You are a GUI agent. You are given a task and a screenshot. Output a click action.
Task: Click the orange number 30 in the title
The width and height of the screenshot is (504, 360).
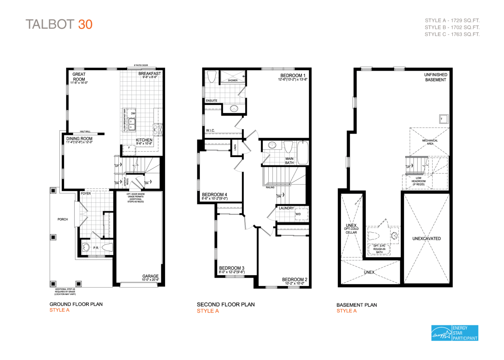point(85,25)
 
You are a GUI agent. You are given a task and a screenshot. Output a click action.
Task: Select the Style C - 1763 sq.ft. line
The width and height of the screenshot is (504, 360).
point(452,34)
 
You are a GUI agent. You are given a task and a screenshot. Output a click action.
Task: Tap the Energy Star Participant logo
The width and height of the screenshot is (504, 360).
point(454,333)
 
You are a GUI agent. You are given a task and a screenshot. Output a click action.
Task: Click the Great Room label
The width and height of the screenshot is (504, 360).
point(79,77)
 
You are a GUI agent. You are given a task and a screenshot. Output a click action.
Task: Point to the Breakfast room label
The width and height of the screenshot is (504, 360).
point(150,74)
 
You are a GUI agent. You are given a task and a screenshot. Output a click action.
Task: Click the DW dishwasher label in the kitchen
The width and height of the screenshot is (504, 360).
point(133,113)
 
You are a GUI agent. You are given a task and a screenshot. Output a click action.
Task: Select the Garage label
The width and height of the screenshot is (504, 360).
point(150,276)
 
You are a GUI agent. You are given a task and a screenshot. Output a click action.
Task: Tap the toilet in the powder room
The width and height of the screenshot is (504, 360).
point(107,248)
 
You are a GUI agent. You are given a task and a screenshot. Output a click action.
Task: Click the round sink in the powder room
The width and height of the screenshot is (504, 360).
point(86,247)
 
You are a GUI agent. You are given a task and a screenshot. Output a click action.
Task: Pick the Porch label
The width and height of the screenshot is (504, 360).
point(63,219)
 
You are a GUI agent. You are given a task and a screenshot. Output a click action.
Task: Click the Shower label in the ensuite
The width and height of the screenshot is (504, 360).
point(233,80)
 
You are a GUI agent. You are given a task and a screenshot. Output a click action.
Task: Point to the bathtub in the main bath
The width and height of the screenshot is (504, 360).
point(303,153)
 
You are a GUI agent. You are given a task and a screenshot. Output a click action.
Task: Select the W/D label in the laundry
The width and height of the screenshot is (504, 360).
point(298,214)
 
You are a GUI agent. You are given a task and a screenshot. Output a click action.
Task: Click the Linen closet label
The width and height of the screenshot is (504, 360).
point(235,148)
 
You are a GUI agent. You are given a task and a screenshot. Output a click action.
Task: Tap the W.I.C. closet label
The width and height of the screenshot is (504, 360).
point(210,130)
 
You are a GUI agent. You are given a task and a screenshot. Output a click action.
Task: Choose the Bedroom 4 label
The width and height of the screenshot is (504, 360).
point(214,194)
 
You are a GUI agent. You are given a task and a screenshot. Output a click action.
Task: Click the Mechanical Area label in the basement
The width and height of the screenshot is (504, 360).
point(430,142)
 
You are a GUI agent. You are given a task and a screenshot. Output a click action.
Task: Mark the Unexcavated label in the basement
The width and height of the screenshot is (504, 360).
point(427,238)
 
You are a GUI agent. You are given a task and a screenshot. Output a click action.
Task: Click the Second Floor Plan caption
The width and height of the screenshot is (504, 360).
point(226,304)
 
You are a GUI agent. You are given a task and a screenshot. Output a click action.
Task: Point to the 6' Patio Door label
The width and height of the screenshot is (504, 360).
point(141,65)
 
